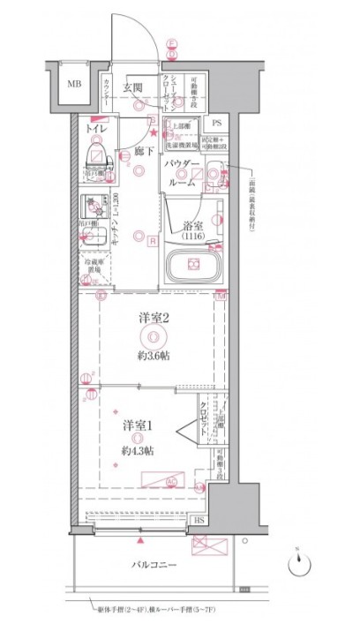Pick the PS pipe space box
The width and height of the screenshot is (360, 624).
click(x=216, y=124)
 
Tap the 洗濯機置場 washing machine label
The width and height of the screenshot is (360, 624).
click(x=183, y=144)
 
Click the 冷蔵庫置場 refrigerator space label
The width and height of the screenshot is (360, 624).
click(x=95, y=267)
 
